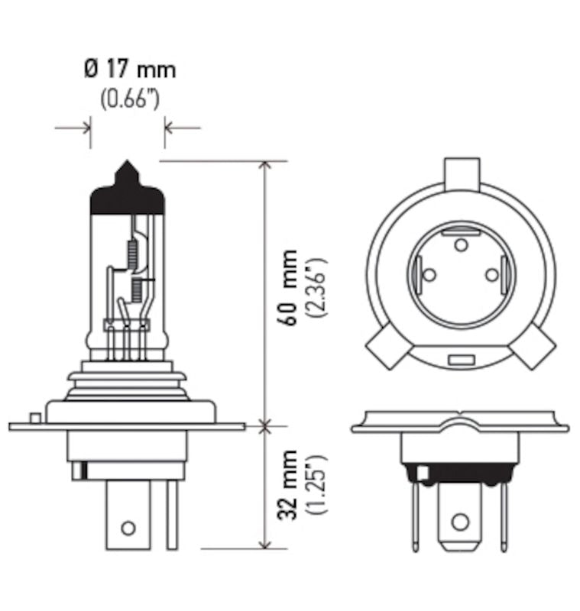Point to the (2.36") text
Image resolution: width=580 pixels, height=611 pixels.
[316, 287]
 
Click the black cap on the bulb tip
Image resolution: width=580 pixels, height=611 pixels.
[127, 196]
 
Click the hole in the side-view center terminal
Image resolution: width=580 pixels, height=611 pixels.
[128, 527]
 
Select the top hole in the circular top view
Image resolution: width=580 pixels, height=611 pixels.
[460, 244]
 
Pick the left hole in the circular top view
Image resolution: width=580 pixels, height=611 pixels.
[429, 275]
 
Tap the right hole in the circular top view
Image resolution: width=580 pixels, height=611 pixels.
[491, 274]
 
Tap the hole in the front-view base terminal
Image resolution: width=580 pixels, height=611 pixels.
[458, 522]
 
